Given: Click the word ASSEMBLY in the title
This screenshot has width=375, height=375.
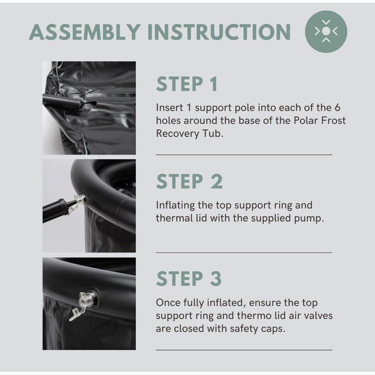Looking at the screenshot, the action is (85, 32).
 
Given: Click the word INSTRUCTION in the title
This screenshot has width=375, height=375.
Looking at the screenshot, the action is (219, 32).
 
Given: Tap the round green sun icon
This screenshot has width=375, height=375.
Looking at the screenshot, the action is (326, 31).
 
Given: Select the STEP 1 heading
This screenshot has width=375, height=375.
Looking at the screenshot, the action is (187, 84).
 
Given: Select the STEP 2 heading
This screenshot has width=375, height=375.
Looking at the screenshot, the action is (189, 181).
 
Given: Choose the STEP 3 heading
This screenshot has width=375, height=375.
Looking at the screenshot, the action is (189, 278).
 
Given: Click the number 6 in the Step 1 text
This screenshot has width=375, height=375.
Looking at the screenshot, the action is (337, 108).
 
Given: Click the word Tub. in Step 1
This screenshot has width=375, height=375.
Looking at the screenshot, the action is (213, 133).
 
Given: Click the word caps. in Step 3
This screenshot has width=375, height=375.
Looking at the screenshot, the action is (273, 329).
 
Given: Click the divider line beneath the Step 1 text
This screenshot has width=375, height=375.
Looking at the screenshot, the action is (244, 155).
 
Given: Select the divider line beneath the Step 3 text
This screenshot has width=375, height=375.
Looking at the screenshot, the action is (244, 350).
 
